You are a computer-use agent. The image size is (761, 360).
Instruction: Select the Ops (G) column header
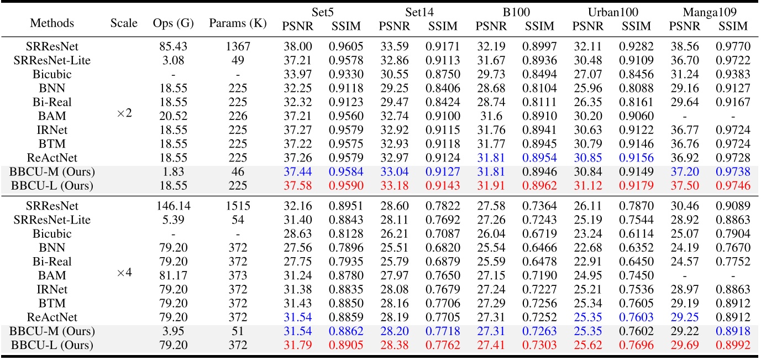173,23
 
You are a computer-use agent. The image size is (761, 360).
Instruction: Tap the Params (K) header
238,23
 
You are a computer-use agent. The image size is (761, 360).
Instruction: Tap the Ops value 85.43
173,48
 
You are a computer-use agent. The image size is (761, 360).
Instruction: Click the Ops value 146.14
173,206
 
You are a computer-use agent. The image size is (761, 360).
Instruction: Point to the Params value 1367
238,48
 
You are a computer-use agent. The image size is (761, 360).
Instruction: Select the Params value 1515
238,206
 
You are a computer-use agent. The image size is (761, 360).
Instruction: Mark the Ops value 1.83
173,171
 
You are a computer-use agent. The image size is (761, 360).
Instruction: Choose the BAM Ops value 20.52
173,116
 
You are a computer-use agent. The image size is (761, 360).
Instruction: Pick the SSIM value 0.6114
637,233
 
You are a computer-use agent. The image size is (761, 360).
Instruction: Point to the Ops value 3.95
173,330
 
